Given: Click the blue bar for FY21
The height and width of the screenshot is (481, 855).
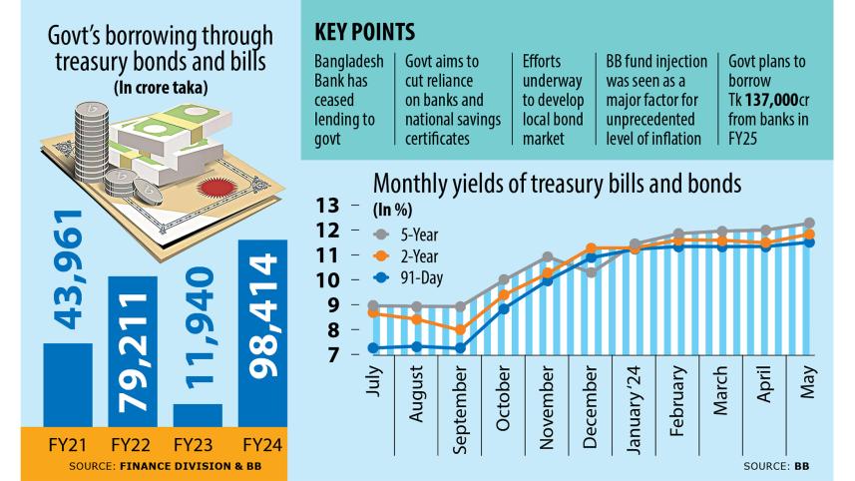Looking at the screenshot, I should click(x=67, y=384).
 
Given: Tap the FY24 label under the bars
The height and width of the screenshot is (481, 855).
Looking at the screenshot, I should click(x=262, y=443).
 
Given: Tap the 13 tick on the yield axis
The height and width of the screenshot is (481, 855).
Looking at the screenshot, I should click(x=328, y=206).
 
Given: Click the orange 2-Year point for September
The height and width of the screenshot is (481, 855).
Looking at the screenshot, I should click(x=459, y=330).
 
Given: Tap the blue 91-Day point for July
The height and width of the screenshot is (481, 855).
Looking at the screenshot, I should click(x=373, y=348).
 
